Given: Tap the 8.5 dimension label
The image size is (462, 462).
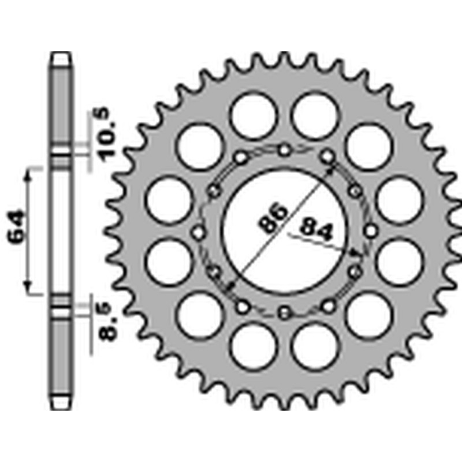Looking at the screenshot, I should (109, 324).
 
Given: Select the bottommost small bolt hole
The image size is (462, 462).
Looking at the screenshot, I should (284, 314).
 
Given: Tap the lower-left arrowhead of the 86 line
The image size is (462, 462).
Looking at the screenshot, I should (232, 285).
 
